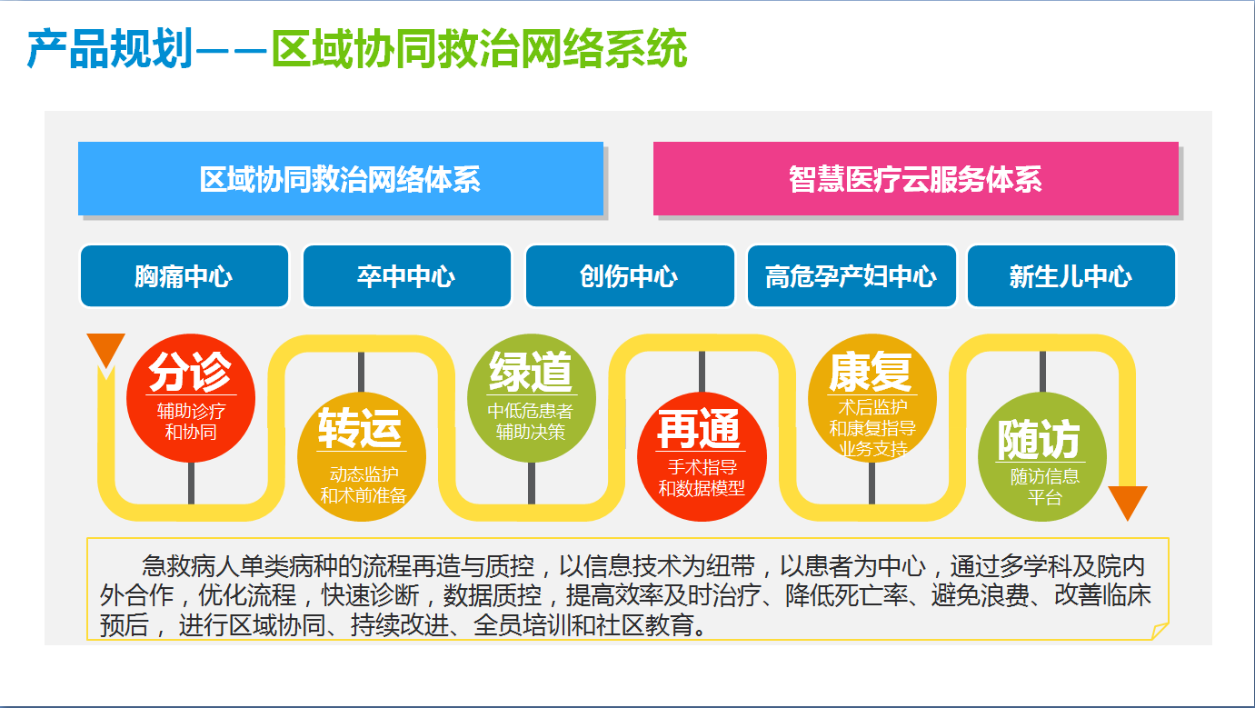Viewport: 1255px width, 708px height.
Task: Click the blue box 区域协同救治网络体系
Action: coord(341,179)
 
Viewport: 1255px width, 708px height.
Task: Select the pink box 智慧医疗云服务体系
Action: coord(916,179)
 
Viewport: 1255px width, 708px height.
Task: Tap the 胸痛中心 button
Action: coord(184,276)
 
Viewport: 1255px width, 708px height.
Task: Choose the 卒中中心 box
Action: coord(407,276)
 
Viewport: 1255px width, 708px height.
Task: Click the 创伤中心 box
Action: coord(630,276)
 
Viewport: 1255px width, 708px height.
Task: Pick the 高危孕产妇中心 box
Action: coord(852,276)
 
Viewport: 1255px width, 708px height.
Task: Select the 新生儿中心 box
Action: coord(1071,276)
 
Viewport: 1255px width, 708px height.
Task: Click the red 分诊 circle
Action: coord(191,398)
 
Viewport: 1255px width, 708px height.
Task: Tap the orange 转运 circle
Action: coord(362,456)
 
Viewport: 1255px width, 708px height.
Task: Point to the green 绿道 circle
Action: coord(531,398)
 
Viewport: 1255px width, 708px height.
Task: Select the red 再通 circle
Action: coord(702,456)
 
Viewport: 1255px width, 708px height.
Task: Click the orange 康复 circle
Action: coord(872,398)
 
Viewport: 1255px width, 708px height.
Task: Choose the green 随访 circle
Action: coord(1042,456)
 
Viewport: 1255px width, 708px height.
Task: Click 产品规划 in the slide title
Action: coord(110,49)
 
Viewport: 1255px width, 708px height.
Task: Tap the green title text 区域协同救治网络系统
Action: coord(480,49)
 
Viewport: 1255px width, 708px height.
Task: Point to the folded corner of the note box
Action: coord(1160,631)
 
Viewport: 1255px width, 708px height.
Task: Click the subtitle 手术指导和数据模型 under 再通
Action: coord(702,478)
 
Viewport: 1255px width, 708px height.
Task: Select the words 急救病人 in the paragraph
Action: coord(191,565)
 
